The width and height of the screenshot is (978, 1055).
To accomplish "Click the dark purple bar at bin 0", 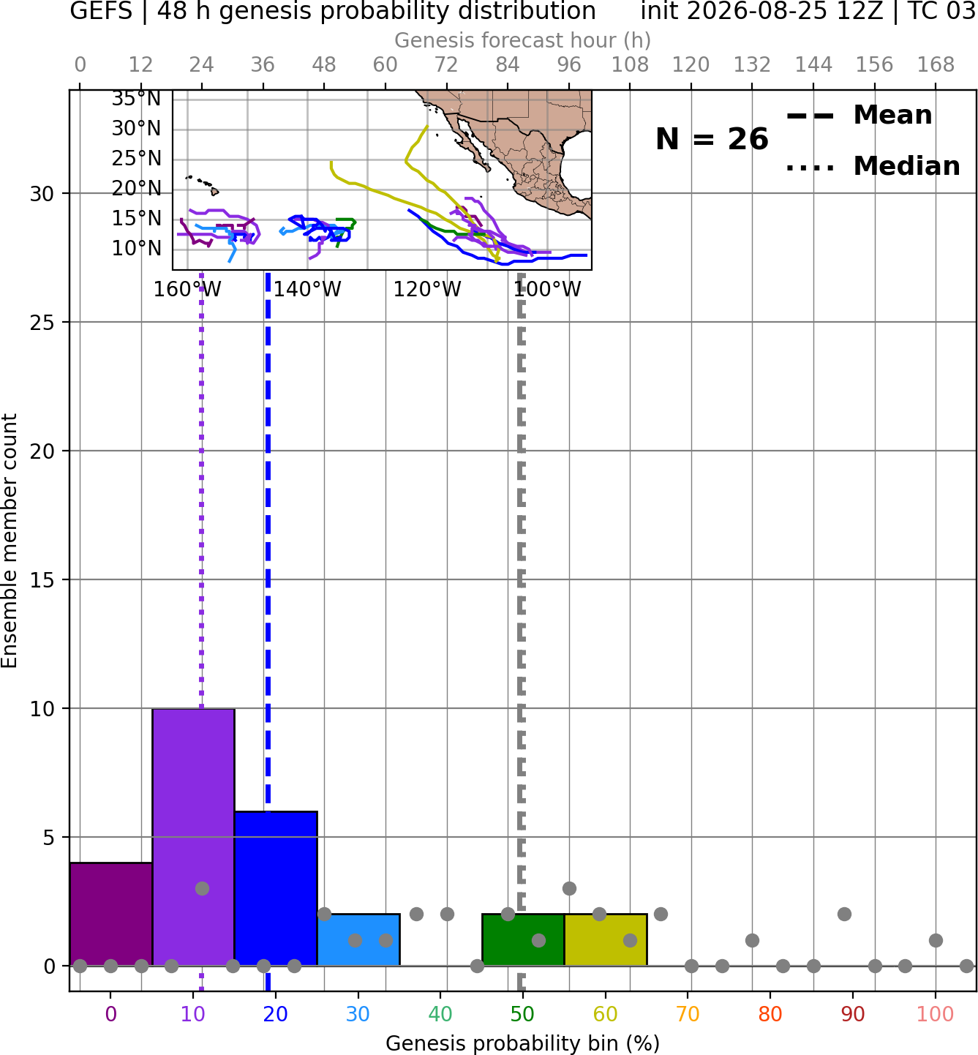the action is [111, 914].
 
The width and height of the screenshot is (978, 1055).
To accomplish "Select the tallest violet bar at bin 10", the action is [193, 837].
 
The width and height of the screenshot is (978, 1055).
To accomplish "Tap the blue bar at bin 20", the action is [276, 888].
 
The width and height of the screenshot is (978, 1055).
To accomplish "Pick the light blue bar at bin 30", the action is [358, 939].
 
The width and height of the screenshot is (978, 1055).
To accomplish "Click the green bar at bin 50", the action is [523, 939].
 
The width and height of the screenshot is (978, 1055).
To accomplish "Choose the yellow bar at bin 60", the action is [606, 939].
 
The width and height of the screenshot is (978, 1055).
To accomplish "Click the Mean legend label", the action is [892, 115].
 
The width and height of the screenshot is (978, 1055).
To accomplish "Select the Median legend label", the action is [907, 166].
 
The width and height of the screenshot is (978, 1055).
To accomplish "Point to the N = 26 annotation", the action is [712, 139].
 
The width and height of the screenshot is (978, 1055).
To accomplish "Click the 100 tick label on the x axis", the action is [936, 1014].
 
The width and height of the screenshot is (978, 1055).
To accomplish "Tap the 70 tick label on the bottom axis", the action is [688, 1014].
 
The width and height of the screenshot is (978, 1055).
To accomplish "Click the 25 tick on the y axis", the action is [42, 323].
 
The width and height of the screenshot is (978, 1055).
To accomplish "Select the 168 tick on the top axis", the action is [936, 65].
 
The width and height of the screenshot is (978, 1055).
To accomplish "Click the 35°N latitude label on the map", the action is [136, 98].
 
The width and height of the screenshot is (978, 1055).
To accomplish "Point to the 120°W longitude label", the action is [427, 289].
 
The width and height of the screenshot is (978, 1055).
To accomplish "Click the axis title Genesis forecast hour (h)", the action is [523, 40].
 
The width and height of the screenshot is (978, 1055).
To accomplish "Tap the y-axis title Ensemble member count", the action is [10, 541].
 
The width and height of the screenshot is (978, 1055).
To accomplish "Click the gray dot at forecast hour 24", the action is [202, 888].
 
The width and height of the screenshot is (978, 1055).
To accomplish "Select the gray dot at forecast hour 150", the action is [844, 914].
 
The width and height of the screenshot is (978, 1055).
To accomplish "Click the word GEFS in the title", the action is [101, 11].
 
